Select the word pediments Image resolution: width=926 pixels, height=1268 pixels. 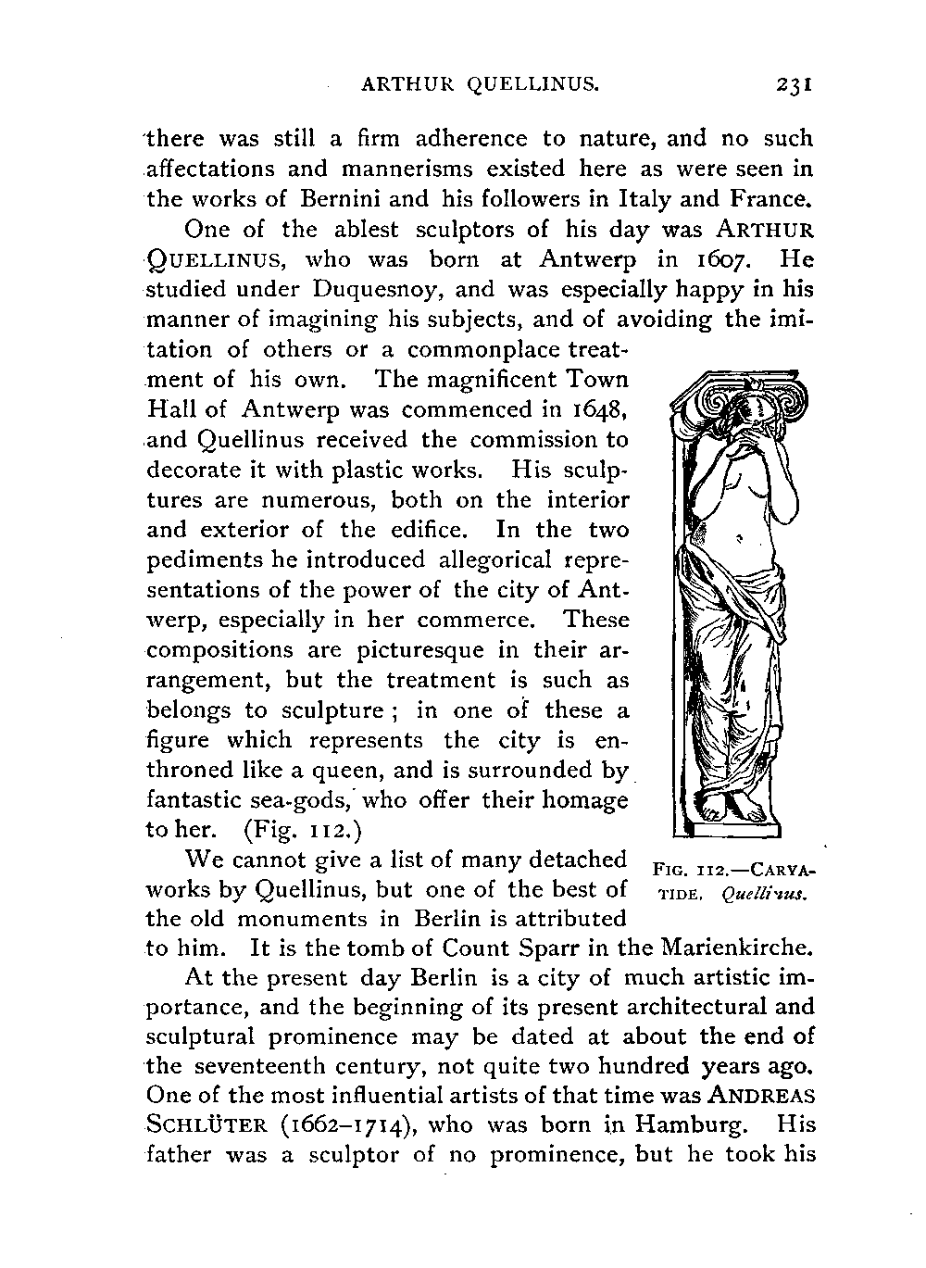(x=194, y=560)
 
